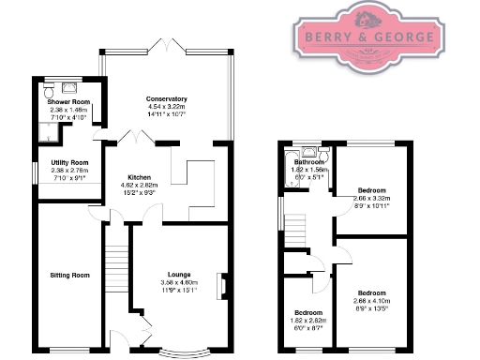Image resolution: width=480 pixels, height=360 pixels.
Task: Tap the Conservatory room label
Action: point(166,98)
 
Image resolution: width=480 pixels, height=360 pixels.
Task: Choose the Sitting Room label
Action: point(69,275)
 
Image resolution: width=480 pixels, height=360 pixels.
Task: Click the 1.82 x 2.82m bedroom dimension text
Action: point(308,321)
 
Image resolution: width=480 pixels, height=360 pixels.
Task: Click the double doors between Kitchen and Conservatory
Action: point(141,138)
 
